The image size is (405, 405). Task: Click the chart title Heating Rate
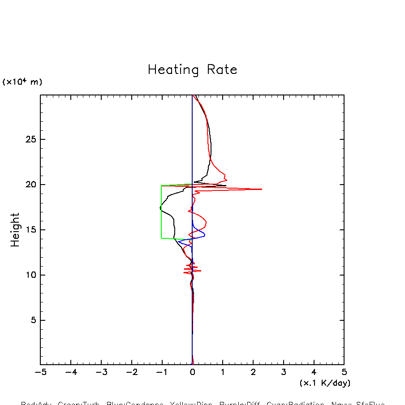coord(192,70)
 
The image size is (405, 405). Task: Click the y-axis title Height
coord(15,229)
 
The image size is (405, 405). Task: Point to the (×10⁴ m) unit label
coord(22,82)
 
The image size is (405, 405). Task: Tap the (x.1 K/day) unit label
coord(325,383)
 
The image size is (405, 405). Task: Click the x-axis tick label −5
coord(40,372)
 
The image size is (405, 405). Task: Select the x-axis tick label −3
coord(101,372)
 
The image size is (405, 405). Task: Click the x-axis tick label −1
coord(162,372)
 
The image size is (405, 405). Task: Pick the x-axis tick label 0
coord(192,372)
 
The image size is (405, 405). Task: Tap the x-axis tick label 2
coord(253,372)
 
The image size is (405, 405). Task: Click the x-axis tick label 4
coord(314,372)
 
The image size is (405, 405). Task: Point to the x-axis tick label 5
coord(344,372)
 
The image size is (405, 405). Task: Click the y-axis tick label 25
coord(30,139)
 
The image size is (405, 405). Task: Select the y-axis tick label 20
coord(30,185)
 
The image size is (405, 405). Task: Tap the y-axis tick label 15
coord(30,230)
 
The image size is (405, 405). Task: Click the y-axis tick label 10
coord(30,275)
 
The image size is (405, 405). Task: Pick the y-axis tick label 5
coord(32,320)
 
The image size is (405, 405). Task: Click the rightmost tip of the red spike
coord(262,189)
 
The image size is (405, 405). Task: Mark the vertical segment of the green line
coord(161,212)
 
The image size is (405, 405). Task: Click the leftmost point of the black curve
coord(160,207)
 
